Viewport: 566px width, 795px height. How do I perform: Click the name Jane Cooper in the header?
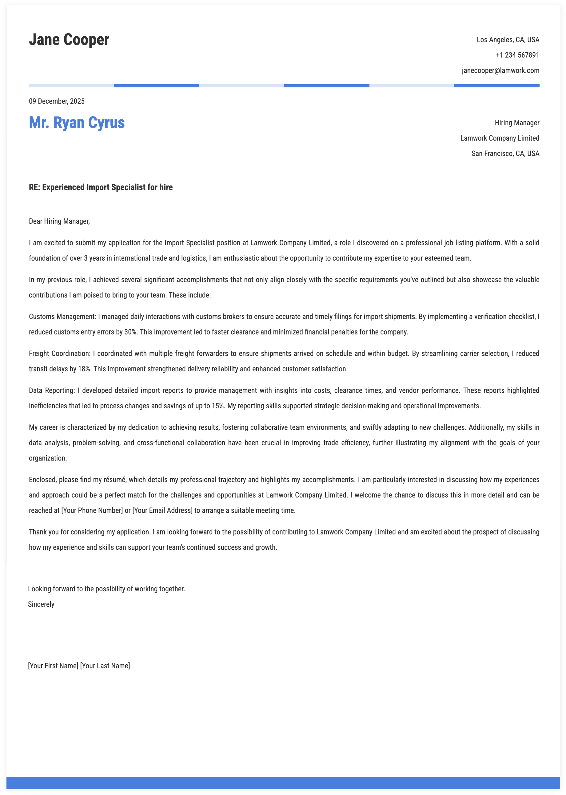tap(69, 40)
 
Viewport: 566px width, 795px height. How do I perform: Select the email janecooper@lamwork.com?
tap(500, 70)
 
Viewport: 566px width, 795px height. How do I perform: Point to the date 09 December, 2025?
tap(57, 102)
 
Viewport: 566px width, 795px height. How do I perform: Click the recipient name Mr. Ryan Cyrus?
tap(77, 123)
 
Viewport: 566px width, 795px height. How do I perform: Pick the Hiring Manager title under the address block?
tap(517, 123)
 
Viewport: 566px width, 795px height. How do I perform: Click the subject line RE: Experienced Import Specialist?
tap(101, 187)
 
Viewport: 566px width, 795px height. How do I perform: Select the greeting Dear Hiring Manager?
tap(59, 221)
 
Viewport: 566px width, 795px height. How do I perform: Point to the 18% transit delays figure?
tap(84, 369)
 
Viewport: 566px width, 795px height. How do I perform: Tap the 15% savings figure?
tap(218, 406)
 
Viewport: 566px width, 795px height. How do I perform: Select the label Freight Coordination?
tap(60, 354)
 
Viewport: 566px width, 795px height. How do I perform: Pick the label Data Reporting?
tap(52, 391)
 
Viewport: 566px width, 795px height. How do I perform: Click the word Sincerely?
tap(41, 604)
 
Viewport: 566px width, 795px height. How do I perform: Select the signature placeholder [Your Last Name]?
tap(105, 666)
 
